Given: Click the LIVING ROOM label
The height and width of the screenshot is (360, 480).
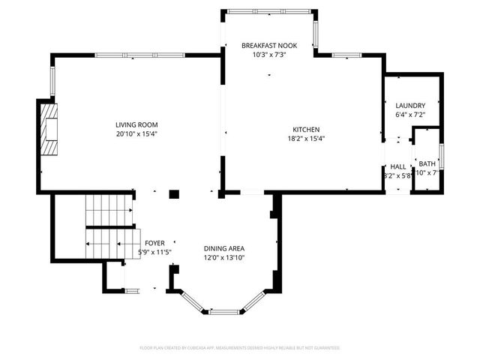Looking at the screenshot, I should click(x=136, y=124).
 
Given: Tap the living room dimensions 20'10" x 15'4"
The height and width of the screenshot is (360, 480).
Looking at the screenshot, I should click(x=136, y=133).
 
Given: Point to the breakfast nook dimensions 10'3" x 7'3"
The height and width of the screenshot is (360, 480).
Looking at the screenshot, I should click(x=269, y=55).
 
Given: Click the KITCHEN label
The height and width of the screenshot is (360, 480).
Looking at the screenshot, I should click(x=306, y=129).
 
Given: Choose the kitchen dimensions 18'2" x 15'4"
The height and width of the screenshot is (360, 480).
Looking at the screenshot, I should click(x=306, y=138).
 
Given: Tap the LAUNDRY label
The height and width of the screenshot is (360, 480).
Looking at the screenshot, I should click(x=410, y=106).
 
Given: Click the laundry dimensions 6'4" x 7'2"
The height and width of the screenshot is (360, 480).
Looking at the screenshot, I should click(x=410, y=115).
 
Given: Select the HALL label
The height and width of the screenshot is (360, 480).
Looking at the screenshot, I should click(x=397, y=166).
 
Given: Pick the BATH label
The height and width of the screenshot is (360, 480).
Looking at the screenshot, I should click(x=427, y=163).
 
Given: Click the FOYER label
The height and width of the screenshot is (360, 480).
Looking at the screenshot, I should click(x=154, y=243).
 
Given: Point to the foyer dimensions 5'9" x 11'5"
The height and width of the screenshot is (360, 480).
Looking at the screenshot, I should click(x=154, y=252).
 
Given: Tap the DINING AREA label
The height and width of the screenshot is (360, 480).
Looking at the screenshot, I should click(x=224, y=249).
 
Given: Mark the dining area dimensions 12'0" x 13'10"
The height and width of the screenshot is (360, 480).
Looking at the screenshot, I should click(x=224, y=258).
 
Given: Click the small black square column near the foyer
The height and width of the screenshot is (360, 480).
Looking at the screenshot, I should click(x=174, y=194).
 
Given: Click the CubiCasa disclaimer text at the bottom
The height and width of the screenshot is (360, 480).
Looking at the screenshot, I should click(x=240, y=348).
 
